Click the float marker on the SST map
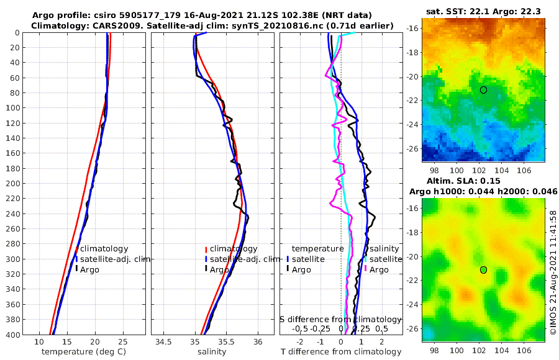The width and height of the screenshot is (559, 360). tap(483, 90)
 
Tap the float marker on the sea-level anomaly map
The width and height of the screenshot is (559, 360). tap(483, 269)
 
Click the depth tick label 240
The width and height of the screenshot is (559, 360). tap(13, 214)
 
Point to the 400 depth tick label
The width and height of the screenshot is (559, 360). tap(13, 335)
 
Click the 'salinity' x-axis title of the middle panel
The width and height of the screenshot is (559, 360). tap(211, 352)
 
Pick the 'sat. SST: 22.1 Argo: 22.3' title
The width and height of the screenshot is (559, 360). tap(483, 12)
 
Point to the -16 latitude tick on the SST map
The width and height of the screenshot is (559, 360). tap(412, 29)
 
